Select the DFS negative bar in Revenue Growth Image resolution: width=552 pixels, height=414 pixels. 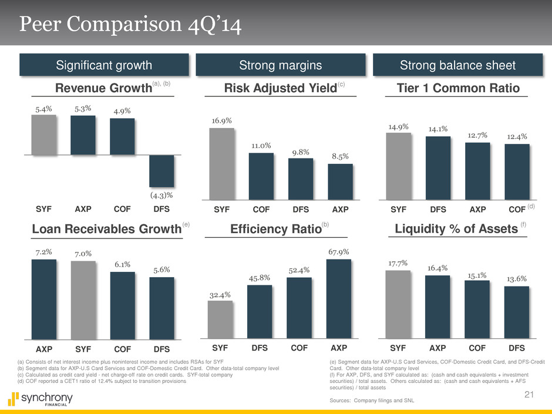(x=161, y=171)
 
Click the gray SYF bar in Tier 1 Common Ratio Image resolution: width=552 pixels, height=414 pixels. (x=399, y=166)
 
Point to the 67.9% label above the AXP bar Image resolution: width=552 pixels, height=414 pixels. (x=339, y=252)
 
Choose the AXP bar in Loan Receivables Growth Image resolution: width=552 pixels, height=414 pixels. (x=43, y=299)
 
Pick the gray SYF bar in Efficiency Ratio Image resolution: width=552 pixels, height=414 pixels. (x=221, y=319)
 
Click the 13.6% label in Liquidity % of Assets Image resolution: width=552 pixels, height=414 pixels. (x=517, y=278)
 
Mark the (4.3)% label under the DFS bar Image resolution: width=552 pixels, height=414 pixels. (x=161, y=194)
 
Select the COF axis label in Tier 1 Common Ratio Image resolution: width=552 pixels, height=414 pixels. (x=516, y=209)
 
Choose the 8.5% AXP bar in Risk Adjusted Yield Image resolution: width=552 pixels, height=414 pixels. (x=339, y=182)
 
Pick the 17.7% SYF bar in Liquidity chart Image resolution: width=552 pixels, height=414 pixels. (x=399, y=304)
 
